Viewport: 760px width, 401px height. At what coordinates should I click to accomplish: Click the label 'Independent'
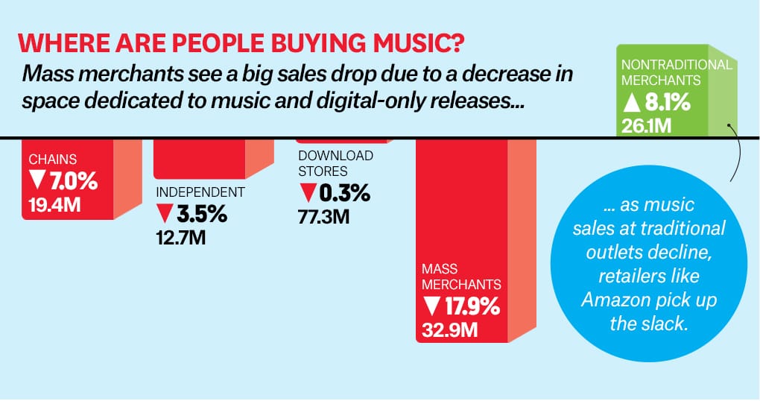tap(200, 192)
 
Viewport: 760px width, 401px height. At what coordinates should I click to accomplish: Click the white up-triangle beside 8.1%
tap(631, 102)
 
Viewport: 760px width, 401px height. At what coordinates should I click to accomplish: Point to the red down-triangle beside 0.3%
tap(307, 194)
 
